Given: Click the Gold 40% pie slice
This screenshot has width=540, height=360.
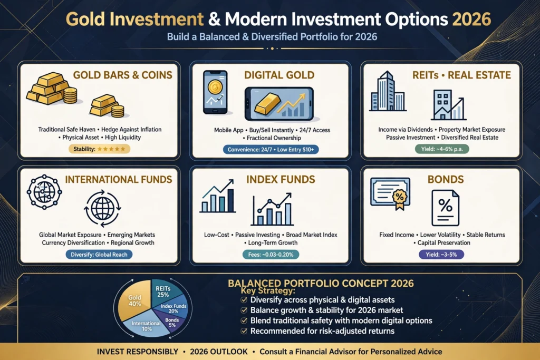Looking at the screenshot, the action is (134, 300).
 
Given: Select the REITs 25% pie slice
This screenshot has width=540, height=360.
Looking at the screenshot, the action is (164, 291).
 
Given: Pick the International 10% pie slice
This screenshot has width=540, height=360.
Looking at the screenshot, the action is (146, 326).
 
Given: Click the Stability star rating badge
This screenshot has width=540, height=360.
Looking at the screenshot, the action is (99, 149).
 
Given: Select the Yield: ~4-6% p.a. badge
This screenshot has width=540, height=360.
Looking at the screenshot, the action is (442, 149).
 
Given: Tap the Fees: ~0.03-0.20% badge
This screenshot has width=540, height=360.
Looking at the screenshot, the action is (271, 255).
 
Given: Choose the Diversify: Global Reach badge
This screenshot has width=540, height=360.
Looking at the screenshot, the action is (99, 255).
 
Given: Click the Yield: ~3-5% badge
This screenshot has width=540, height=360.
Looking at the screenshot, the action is (441, 255).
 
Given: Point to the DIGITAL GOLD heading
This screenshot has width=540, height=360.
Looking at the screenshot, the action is (279, 75).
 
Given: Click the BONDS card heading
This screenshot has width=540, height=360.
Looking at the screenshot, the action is (446, 179).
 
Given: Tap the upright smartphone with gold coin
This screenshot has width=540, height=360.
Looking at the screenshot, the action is (216, 92).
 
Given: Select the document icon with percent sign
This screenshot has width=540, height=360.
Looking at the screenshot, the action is (445, 208).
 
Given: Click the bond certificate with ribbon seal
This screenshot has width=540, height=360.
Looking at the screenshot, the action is (391, 193).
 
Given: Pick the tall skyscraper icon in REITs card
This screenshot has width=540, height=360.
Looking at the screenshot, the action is (388, 91).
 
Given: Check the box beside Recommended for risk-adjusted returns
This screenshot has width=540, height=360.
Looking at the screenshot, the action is (244, 331).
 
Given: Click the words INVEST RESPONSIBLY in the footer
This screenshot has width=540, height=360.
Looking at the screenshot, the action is (138, 352).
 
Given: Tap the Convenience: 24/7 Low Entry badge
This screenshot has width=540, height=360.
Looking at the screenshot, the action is (271, 149).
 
